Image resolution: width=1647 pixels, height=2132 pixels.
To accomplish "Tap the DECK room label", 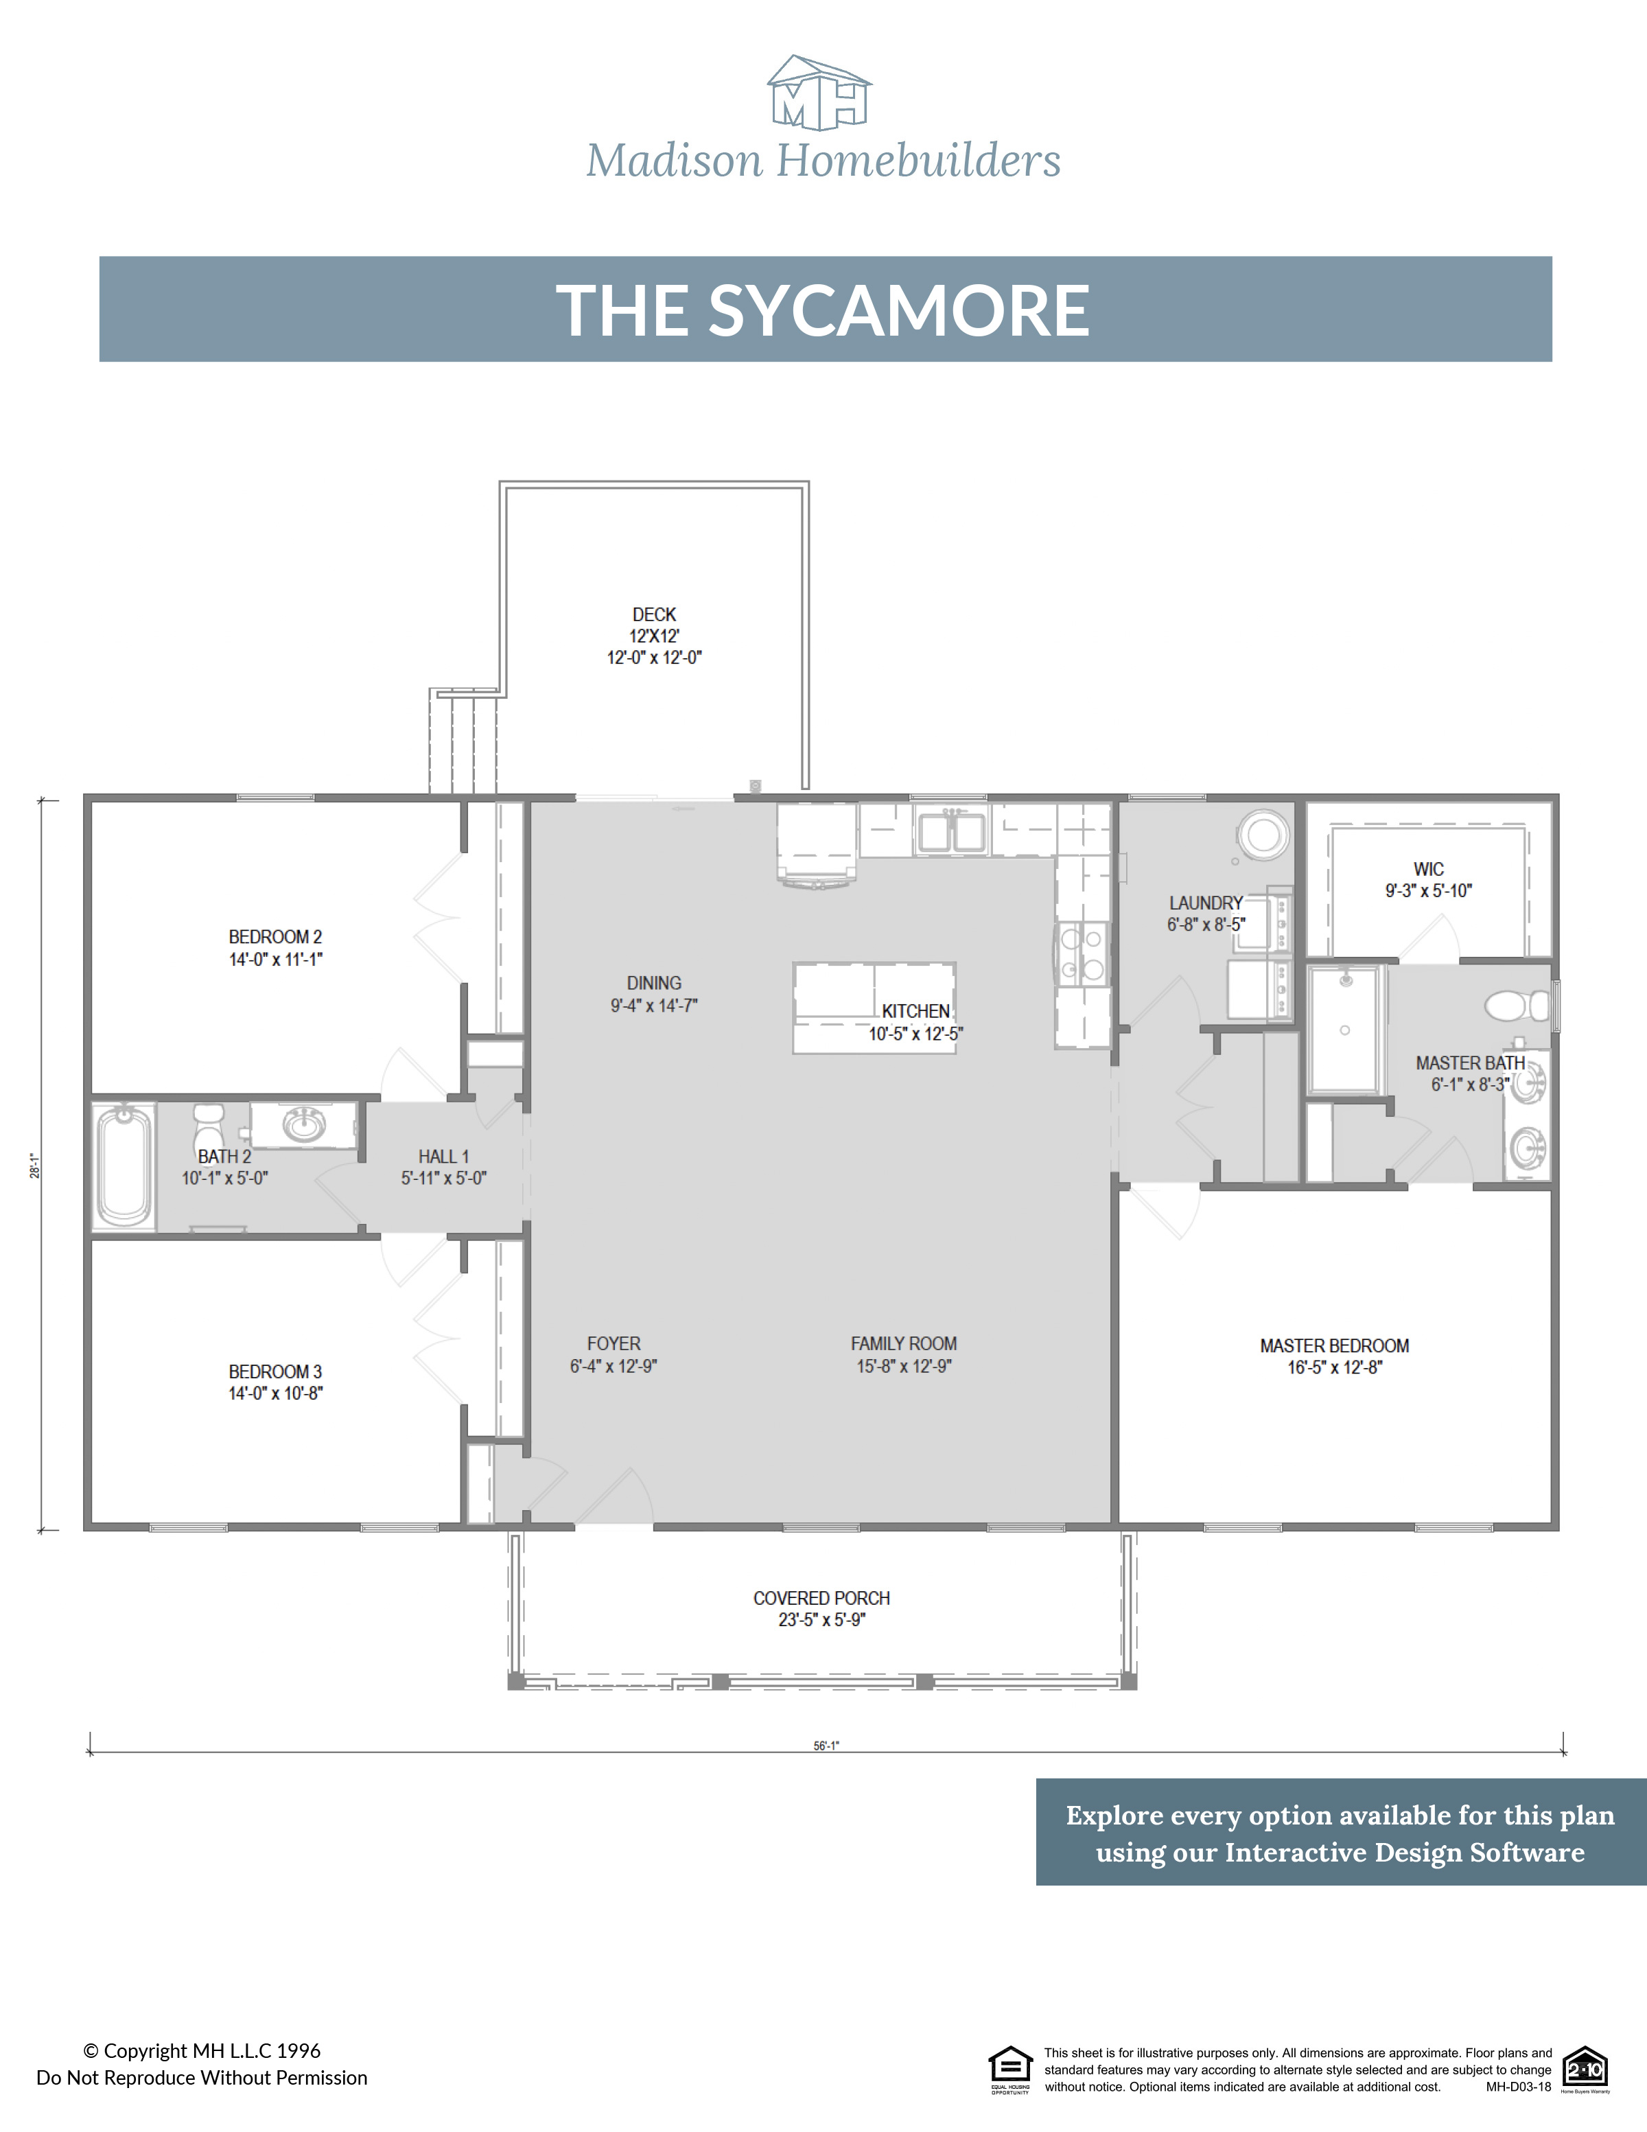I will click(654, 615).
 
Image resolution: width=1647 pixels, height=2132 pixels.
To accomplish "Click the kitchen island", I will click(874, 1008).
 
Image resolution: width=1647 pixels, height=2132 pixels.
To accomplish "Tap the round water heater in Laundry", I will click(1263, 835).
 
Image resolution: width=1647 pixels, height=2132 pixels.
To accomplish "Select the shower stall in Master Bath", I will click(1344, 1030).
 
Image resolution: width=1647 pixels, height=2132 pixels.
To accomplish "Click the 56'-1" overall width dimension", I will click(826, 1746).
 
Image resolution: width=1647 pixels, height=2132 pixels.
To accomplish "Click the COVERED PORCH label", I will click(821, 1598).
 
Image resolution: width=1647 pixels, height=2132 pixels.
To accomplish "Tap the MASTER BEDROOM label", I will click(1334, 1345).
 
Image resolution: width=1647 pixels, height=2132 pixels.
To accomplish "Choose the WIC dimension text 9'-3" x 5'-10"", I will click(1429, 890).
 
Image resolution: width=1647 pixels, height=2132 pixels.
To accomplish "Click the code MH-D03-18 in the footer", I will click(1518, 2087).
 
